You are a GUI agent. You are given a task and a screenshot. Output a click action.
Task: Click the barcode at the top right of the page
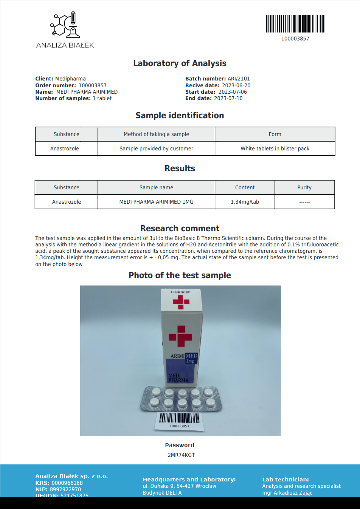[x=295, y=24]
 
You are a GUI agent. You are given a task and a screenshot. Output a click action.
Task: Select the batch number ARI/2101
[x=239, y=79]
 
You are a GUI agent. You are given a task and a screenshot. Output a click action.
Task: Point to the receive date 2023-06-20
[x=236, y=85]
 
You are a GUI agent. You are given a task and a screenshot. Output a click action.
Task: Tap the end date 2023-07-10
[x=228, y=98]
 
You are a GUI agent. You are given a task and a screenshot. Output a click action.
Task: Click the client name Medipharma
[x=70, y=79]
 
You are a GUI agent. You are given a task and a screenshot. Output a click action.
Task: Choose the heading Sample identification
[x=180, y=116]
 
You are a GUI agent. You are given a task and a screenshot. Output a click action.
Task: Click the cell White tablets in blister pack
[x=275, y=149]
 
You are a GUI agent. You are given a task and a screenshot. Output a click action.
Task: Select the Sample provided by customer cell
[x=156, y=149]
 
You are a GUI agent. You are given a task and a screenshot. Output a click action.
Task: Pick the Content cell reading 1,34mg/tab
[x=245, y=202]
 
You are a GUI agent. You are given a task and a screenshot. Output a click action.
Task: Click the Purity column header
[x=304, y=187]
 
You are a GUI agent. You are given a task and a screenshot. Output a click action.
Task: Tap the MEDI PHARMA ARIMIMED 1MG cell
[x=156, y=202]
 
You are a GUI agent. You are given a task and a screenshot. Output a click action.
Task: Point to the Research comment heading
[x=180, y=228]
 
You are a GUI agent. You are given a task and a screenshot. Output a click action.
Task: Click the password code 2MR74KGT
[x=181, y=455]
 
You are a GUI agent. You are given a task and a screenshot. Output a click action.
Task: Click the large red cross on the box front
[x=180, y=336]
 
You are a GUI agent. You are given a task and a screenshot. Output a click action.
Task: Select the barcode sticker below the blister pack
[x=179, y=421]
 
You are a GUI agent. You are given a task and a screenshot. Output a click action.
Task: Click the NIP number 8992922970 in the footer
[x=65, y=489]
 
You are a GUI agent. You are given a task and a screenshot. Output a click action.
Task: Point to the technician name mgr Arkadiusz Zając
[x=287, y=493]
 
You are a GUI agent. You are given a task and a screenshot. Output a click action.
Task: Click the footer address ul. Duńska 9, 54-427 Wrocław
[x=179, y=486]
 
